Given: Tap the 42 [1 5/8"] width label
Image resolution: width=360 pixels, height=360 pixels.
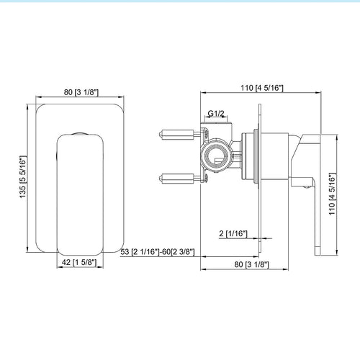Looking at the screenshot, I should [x=79, y=262].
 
